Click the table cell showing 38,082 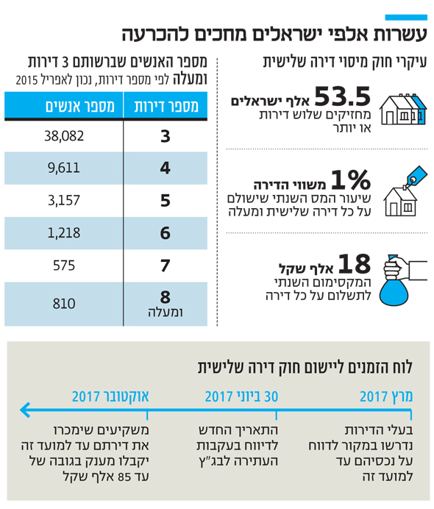pos(64,135)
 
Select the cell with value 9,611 pos(63,168)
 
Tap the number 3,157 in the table pos(63,200)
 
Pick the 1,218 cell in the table pos(63,232)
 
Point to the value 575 pos(64,266)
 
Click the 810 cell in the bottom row pos(64,304)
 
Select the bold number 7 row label pos(166,266)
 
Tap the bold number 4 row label pos(166,168)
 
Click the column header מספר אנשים pos(80,106)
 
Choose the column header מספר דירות pos(166,106)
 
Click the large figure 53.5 pos(343,96)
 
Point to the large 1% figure pos(351,179)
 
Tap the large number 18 pos(355,263)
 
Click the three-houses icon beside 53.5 pos(403,109)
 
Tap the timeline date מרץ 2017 pos(386,396)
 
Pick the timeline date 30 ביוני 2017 pos(241,396)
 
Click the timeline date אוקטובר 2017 pos(110,396)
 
